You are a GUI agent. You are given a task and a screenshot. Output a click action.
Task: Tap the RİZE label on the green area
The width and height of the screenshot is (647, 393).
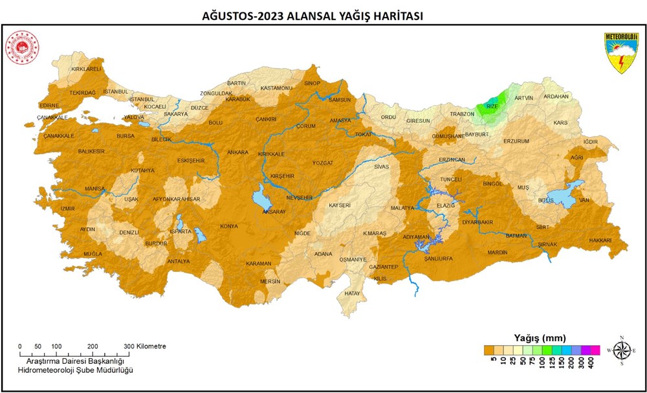coord(492,106)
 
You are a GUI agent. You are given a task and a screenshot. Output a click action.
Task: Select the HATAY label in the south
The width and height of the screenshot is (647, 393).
coord(352,293)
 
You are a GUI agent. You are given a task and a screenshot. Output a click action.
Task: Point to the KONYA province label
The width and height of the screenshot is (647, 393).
coord(229,227)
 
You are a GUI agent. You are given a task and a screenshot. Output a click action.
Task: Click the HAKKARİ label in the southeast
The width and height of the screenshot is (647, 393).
coord(600,240)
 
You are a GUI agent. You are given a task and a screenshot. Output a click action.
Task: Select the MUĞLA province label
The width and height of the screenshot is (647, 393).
coord(92,254)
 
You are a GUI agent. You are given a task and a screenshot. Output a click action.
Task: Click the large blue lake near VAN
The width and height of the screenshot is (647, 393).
coord(562,197)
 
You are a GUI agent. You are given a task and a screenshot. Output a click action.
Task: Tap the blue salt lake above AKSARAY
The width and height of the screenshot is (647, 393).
coord(264,196)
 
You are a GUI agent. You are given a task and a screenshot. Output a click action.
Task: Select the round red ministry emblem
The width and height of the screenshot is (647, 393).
coord(22,49)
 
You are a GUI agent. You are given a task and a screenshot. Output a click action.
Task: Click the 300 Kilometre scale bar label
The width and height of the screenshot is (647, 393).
coord(146,346)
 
